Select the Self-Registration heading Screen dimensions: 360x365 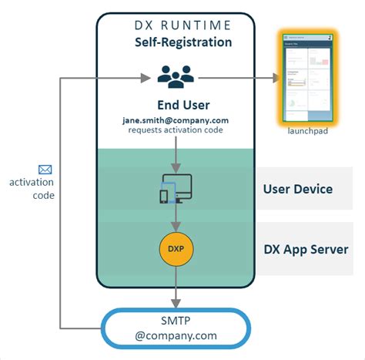[x=179, y=42]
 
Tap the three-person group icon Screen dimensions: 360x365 [x=176, y=77]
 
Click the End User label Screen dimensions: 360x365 [x=179, y=105]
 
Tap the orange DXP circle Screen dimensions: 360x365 [x=176, y=249]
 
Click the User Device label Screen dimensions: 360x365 [x=297, y=189]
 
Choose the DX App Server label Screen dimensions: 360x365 [x=306, y=249]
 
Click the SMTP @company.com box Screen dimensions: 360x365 [x=177, y=328]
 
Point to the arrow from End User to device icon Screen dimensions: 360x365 [x=177, y=154]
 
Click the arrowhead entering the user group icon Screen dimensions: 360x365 [x=144, y=77]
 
